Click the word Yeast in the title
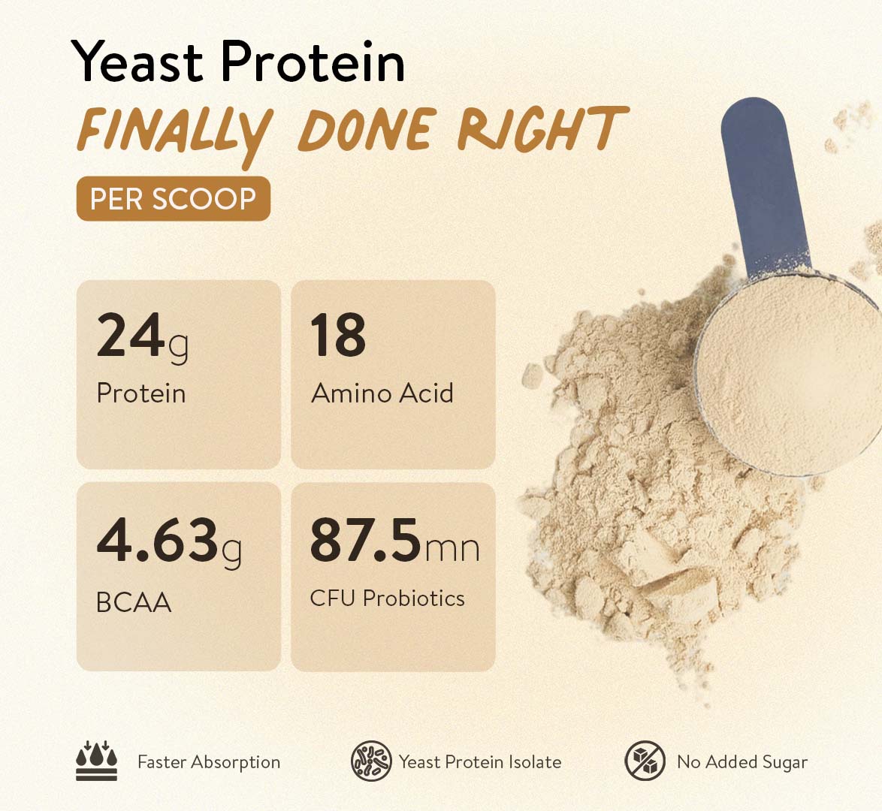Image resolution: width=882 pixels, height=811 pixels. click(137, 61)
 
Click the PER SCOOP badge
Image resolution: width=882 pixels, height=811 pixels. click(174, 198)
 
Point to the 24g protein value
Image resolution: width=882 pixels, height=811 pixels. click(142, 336)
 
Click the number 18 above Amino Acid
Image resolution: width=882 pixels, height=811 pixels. click(337, 335)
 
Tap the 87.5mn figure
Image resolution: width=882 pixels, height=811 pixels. click(395, 541)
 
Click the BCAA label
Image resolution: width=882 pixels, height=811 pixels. click(134, 602)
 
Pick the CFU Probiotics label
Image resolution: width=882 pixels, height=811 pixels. click(388, 598)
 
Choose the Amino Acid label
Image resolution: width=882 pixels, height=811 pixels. click(382, 393)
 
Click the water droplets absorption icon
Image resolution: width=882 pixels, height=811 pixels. click(97, 761)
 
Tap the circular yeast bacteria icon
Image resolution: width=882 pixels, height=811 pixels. click(371, 761)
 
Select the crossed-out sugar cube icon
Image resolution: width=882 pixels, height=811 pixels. click(645, 761)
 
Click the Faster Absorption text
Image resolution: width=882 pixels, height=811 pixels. click(209, 762)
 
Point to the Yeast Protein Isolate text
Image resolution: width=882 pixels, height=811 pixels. click(480, 762)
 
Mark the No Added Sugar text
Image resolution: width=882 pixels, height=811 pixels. click(742, 762)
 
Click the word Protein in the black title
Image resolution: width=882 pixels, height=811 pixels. click(313, 61)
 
